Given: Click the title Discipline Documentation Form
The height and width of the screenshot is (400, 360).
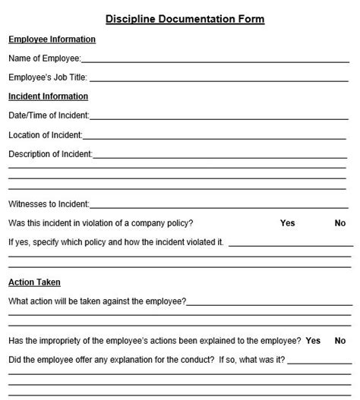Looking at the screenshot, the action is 179,19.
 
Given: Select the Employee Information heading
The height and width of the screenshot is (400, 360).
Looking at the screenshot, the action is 52,39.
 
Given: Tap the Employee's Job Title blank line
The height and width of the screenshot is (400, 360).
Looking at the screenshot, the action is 220,78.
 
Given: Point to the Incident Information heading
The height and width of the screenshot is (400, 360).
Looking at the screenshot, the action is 48,96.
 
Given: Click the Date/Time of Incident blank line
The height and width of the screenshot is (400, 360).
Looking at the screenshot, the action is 220,117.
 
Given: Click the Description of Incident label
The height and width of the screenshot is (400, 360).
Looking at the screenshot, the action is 49,154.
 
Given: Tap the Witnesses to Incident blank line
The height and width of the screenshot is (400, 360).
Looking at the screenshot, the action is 220,205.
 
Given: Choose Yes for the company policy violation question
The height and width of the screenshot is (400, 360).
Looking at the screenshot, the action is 287,223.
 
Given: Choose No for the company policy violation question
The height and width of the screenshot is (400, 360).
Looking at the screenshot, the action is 340,223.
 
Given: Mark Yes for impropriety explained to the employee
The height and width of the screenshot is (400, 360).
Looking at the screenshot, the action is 313,341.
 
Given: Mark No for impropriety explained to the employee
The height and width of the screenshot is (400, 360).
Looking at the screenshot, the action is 340,341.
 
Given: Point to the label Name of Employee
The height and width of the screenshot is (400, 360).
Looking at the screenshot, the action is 43,58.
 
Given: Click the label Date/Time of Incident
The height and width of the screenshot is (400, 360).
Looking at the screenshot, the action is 48,115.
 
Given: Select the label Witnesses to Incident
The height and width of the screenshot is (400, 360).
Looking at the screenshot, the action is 48,203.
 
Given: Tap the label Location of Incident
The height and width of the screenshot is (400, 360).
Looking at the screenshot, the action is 44,135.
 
